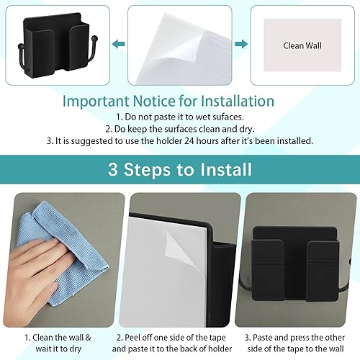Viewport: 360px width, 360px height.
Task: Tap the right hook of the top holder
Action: pos(96,71)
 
